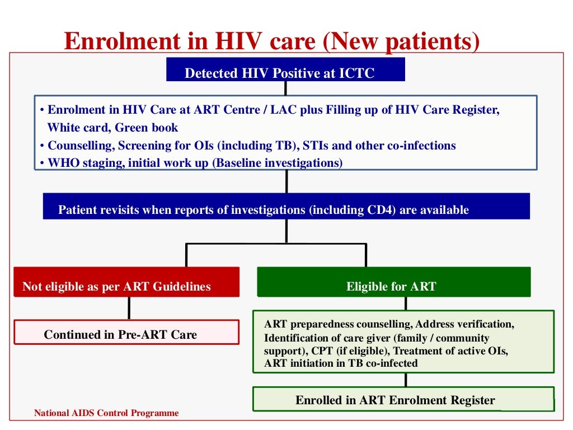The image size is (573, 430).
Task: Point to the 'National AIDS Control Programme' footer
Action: point(106,414)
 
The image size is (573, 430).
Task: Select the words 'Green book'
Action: point(147,128)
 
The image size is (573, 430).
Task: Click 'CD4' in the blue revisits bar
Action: point(370,211)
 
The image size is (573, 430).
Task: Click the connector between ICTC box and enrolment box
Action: point(285,88)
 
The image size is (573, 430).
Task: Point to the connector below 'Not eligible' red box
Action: point(129,307)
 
